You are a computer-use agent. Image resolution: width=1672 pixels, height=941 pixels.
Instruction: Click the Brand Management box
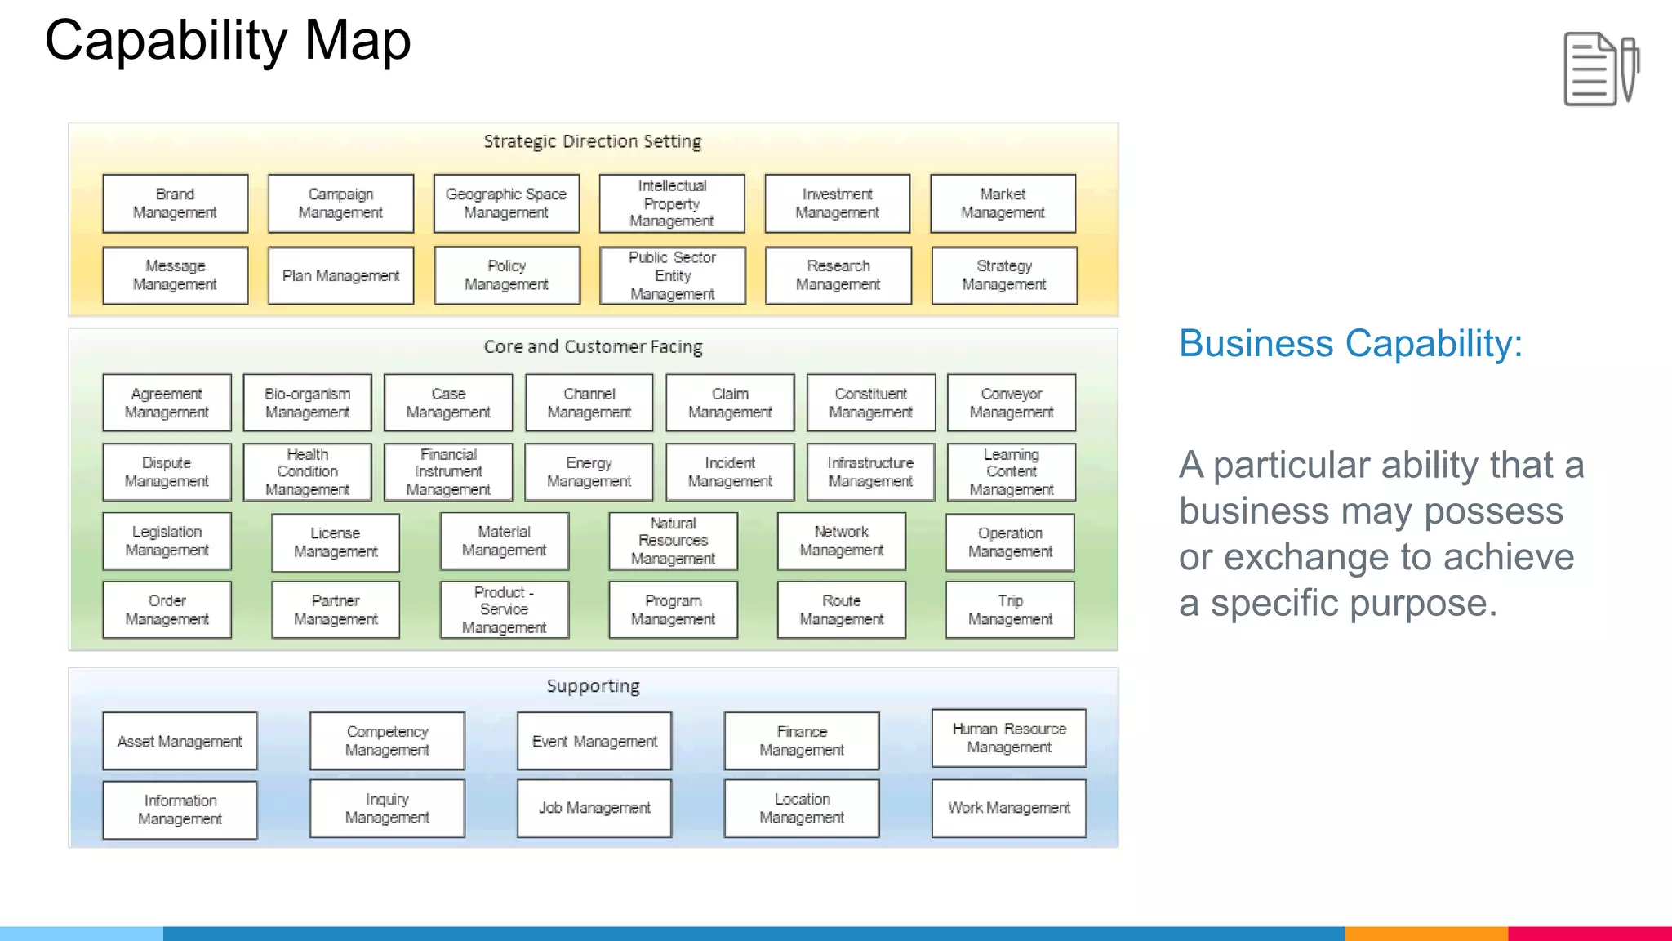[x=176, y=203]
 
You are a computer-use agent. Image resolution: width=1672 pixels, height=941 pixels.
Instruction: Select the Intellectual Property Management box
[x=672, y=203]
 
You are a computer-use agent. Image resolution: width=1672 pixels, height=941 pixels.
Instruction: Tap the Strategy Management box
[x=1004, y=275]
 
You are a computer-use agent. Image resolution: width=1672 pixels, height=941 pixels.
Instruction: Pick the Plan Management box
[x=340, y=275]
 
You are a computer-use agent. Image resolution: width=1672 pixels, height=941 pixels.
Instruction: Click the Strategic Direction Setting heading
[x=593, y=141]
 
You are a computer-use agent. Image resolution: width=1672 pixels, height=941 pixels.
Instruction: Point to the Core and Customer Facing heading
[x=593, y=346]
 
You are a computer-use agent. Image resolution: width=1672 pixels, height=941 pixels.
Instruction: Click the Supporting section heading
[x=593, y=686]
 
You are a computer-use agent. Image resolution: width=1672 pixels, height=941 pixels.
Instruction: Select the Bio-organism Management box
[x=307, y=403]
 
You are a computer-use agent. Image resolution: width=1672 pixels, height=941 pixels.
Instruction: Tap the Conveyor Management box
[x=1012, y=403]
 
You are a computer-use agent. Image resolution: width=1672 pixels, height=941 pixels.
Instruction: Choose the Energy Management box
[x=589, y=472]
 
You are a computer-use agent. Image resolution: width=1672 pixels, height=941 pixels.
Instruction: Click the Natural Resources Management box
[x=673, y=541]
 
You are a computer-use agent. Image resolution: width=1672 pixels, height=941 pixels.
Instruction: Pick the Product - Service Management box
[x=504, y=609]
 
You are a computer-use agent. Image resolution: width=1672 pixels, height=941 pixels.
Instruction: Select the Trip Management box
[x=1010, y=609]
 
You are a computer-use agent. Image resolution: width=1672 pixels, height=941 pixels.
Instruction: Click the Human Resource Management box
[x=1009, y=738]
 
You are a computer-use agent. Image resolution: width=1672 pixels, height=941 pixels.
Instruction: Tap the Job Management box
[x=594, y=808]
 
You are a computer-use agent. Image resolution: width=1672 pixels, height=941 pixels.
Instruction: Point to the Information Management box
[x=180, y=809]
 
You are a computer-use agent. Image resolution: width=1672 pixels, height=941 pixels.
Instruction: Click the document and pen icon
[x=1601, y=69]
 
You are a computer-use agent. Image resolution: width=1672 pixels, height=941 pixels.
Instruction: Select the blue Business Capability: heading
[x=1350, y=344]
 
